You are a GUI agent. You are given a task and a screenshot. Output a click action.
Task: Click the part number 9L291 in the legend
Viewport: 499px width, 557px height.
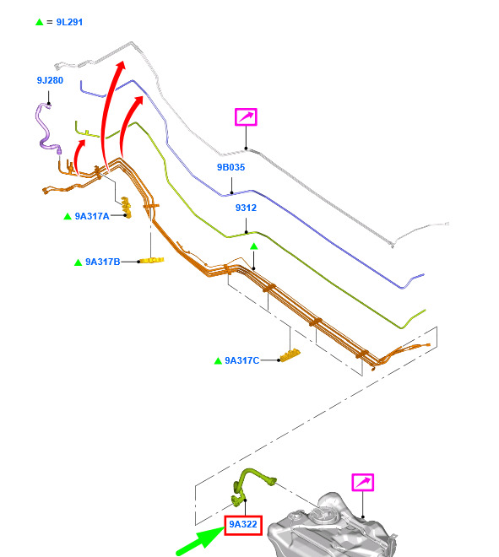tap(69, 22)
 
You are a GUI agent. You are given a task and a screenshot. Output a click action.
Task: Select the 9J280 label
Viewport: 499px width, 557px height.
tap(50, 80)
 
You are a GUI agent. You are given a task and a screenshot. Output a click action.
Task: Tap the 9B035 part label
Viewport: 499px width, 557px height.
tap(231, 167)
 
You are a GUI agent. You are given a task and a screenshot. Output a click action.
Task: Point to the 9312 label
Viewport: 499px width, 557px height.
tap(246, 208)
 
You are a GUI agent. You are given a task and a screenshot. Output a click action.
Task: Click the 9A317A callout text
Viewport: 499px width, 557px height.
tap(92, 216)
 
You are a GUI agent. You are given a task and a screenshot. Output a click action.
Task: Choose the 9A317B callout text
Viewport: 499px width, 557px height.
tap(103, 262)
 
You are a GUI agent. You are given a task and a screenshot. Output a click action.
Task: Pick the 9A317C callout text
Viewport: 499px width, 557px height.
tap(242, 360)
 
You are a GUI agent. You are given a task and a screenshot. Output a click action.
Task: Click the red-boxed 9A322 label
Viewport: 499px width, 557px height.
tap(243, 525)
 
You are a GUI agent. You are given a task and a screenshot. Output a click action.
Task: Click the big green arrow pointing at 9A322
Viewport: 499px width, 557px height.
tap(199, 541)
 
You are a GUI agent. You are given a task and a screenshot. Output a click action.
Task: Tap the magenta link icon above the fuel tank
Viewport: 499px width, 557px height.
tap(362, 483)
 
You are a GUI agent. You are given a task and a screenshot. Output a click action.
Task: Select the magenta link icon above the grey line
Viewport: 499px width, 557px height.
tap(246, 116)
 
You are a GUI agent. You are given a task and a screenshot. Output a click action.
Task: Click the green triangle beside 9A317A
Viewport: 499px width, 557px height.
tap(68, 216)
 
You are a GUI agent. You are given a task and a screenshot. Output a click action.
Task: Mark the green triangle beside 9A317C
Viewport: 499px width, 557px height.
tap(218, 361)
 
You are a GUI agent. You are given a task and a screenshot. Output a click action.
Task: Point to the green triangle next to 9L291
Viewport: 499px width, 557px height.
tap(40, 22)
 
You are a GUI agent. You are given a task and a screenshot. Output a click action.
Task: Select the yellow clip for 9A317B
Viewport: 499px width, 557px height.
tap(152, 261)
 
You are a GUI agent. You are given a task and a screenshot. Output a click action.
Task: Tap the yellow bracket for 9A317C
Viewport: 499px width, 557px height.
tap(290, 355)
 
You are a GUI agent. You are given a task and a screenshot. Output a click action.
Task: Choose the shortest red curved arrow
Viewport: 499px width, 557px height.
tap(79, 156)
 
